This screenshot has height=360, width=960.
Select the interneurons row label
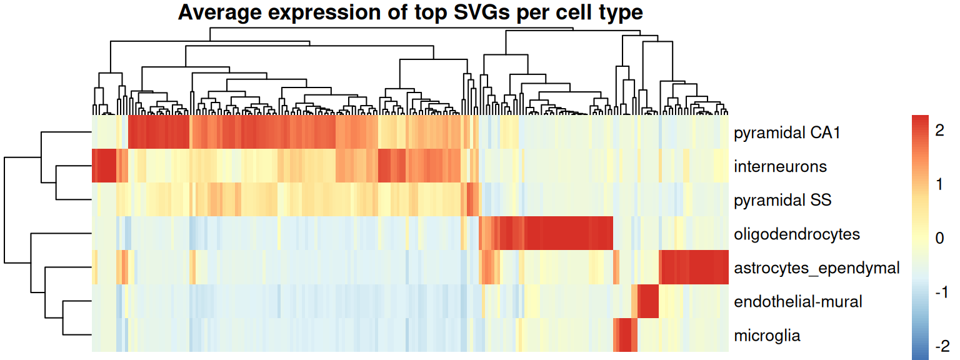click(x=780, y=167)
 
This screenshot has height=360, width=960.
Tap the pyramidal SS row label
click(x=782, y=201)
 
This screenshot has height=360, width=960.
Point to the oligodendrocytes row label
click(x=797, y=234)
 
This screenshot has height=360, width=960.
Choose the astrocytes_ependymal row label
click(x=816, y=268)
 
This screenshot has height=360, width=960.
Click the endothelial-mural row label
click(x=798, y=302)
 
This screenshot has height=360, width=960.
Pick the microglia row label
click(x=767, y=336)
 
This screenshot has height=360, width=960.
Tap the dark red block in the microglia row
click(x=625, y=335)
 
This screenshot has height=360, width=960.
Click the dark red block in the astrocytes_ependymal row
click(x=694, y=267)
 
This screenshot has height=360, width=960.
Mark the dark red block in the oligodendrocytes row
click(x=566, y=234)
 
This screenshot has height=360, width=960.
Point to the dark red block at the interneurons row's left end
click(x=104, y=166)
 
